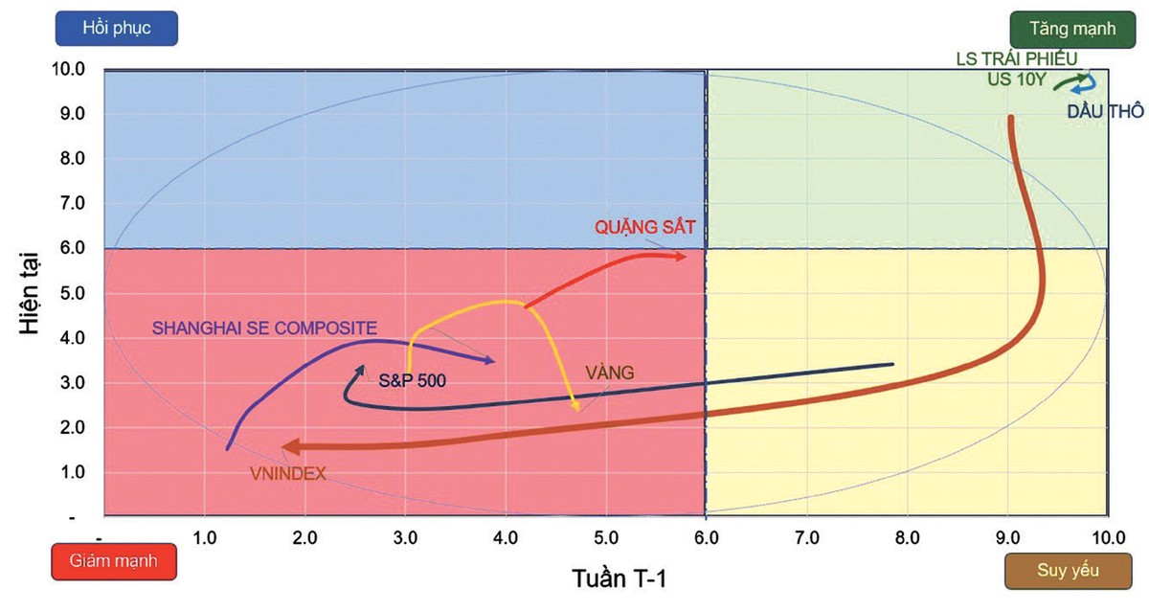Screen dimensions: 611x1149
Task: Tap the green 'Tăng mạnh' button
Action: (1072, 28)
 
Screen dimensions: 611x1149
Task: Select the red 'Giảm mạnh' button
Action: (113, 559)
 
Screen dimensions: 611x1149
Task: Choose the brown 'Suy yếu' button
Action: (1069, 571)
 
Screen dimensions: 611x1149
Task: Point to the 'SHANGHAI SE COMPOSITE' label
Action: (264, 327)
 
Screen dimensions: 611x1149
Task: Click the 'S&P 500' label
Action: (413, 379)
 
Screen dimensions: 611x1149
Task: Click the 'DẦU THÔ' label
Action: (1104, 111)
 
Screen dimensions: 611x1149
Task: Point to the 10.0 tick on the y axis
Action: (73, 69)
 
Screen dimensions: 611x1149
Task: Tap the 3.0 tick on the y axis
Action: (73, 383)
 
